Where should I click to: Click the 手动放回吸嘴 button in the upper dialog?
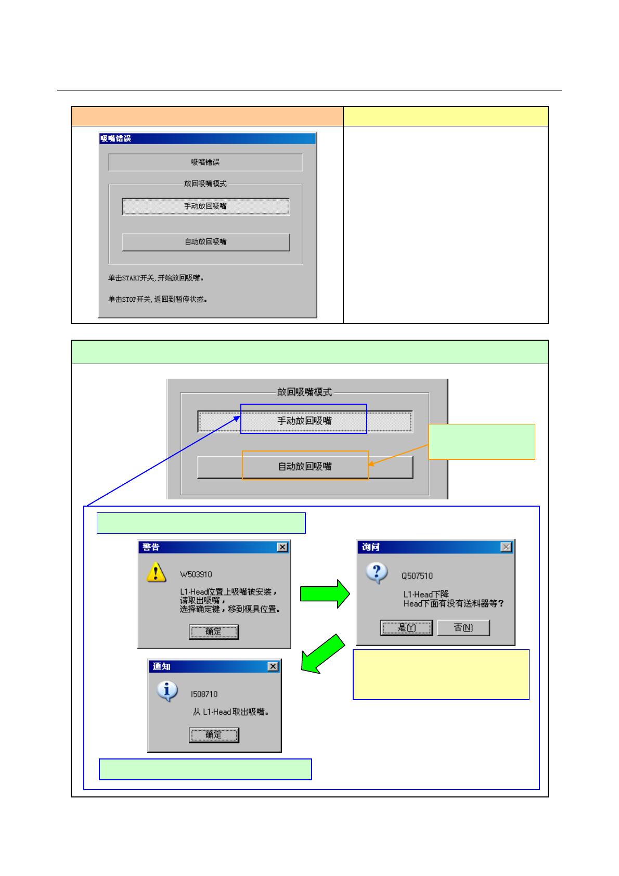205,207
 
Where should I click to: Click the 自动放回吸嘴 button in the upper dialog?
205,242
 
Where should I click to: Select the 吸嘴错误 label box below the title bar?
205,162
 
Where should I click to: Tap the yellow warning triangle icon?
156,572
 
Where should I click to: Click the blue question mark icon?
377,573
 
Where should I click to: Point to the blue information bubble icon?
167,691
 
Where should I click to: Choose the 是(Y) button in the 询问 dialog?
406,628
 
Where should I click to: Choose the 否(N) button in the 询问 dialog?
463,628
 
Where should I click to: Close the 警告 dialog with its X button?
282,547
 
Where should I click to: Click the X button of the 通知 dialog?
273,666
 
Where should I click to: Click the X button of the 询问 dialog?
506,547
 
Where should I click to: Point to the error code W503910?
196,574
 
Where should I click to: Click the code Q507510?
417,576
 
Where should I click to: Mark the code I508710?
204,694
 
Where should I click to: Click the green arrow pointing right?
325,594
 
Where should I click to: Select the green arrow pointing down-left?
323,654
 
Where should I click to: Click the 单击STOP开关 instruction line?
158,299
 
